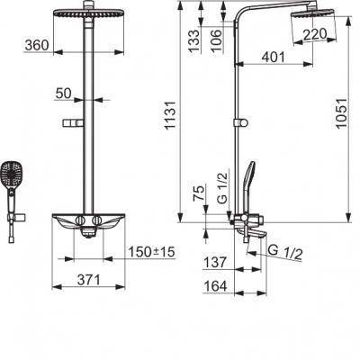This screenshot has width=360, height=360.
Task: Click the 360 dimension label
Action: [x=37, y=45]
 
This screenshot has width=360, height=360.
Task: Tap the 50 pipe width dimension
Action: [x=64, y=94]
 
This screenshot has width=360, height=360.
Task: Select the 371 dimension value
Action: [x=88, y=280]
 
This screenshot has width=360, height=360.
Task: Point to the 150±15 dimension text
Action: [x=151, y=252]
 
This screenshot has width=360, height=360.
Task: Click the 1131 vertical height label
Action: [x=170, y=115]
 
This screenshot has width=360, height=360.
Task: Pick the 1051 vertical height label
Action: [x=341, y=113]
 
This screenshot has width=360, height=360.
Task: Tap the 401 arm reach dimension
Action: [x=273, y=57]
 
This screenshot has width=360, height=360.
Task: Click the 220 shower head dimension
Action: [x=314, y=34]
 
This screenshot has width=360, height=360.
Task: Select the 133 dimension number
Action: [x=194, y=41]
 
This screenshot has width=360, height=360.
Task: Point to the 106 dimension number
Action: [x=217, y=40]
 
